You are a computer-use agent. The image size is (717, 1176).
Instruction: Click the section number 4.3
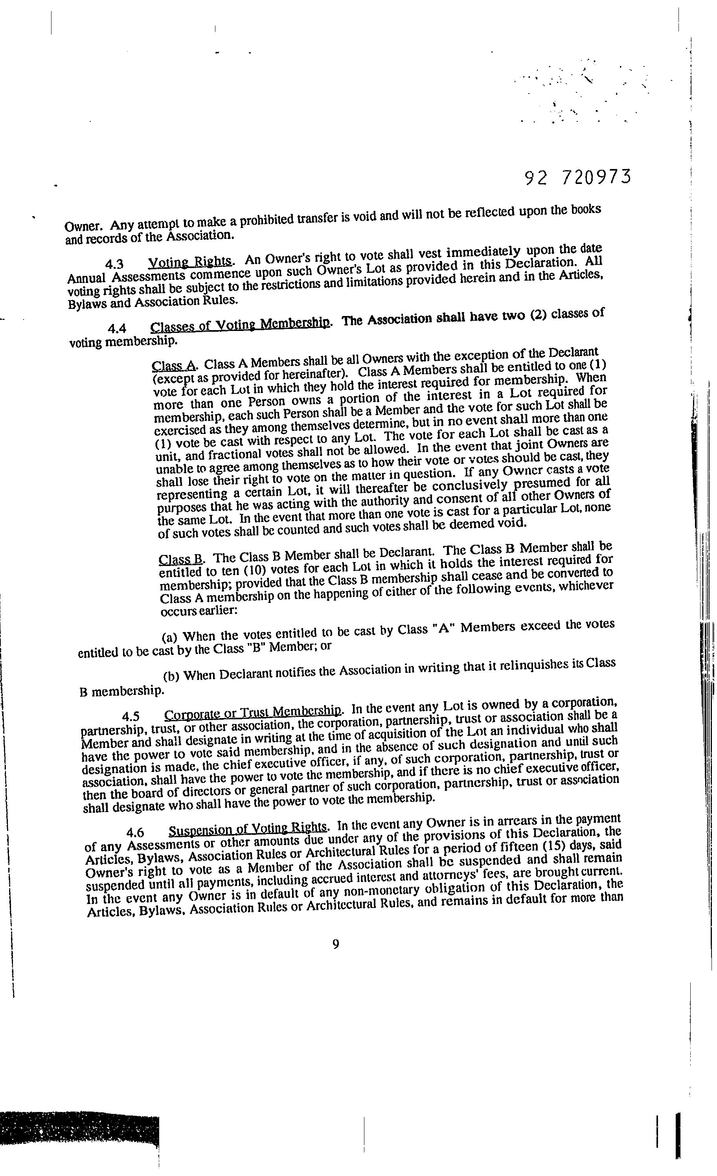114,264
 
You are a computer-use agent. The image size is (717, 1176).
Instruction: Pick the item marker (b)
171,677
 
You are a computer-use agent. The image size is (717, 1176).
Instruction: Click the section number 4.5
131,717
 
